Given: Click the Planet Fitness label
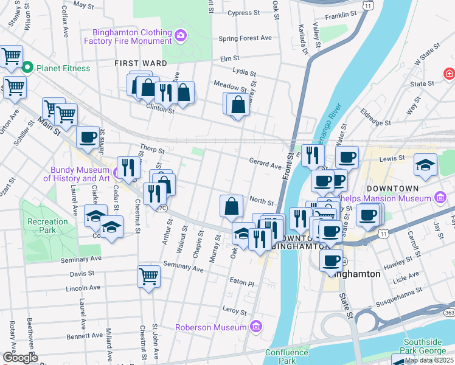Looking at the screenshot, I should (x=63, y=68).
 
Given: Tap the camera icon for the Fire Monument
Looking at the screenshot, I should (x=181, y=36).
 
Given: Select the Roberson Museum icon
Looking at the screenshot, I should (x=256, y=327).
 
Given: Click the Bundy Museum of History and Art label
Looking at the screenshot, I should (x=76, y=173).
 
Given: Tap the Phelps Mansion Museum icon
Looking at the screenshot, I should (x=441, y=198).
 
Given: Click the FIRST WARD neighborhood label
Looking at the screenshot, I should (x=137, y=63).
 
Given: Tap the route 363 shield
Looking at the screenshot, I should (x=450, y=311).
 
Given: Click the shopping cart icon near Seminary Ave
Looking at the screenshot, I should (x=148, y=277).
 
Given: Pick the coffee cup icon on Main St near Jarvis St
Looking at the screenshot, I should (x=88, y=137).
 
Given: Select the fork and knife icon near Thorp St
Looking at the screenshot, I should (x=128, y=167).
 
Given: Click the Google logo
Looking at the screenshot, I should (x=19, y=358).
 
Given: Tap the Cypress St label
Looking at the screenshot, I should (x=243, y=12).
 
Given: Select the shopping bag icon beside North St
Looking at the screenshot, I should (x=231, y=206).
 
